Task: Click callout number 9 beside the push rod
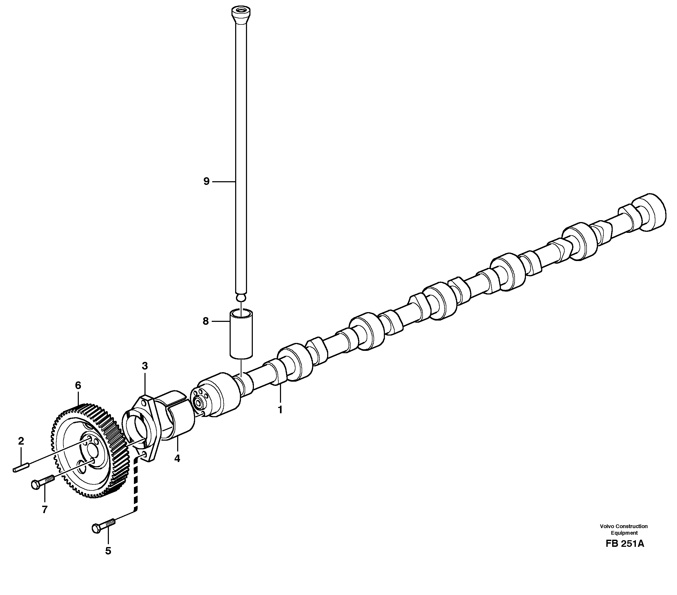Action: coord(206,181)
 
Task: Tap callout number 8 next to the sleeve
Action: coord(206,321)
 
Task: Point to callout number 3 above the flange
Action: coord(145,366)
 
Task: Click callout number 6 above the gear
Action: coord(78,385)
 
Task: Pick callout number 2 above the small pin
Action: coord(21,441)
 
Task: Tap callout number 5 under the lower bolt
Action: coord(108,551)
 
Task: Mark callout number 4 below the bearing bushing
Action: coord(177,458)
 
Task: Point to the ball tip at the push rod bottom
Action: coord(241,298)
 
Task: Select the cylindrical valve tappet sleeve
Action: coord(241,334)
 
